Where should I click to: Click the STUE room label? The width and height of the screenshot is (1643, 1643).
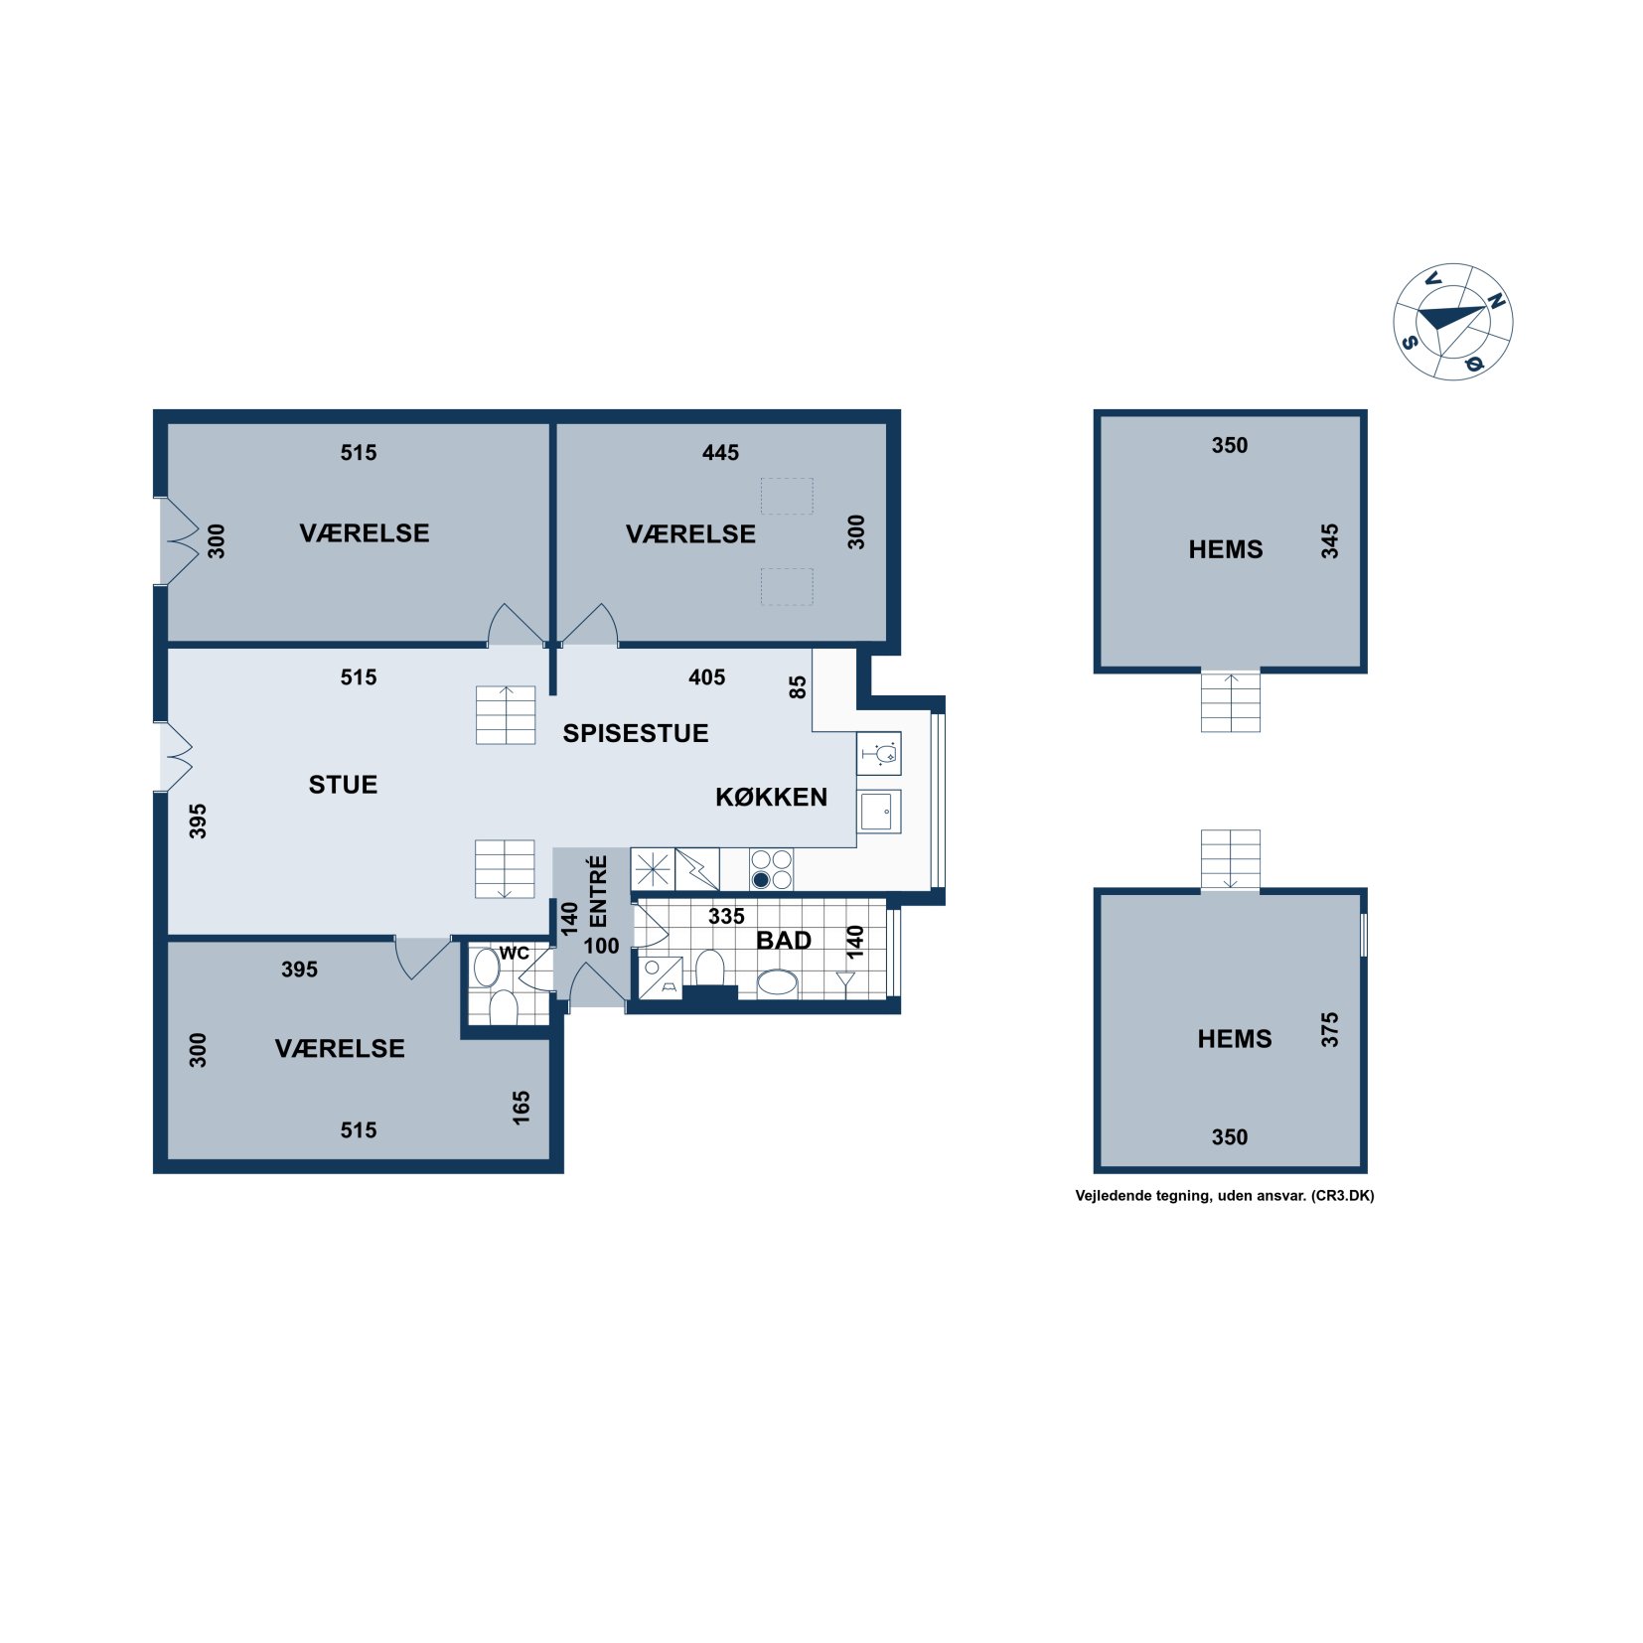click(343, 785)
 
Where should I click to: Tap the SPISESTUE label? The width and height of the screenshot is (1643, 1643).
click(636, 733)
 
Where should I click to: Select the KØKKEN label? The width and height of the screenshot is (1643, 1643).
click(771, 797)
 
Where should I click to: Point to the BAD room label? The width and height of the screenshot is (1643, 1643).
click(784, 940)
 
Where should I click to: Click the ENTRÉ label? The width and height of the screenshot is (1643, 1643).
click(598, 891)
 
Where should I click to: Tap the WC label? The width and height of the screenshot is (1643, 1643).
click(514, 954)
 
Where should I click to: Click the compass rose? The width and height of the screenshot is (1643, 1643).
click(1452, 321)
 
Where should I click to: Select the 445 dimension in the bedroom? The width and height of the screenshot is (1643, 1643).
click(720, 453)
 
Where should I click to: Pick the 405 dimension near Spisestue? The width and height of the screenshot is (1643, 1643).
click(706, 677)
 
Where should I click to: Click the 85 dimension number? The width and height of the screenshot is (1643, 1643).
click(798, 687)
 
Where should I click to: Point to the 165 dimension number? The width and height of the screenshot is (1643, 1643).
click(521, 1108)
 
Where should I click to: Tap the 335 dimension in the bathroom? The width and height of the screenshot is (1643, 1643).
click(726, 917)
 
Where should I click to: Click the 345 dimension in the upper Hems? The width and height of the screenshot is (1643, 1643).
click(1329, 541)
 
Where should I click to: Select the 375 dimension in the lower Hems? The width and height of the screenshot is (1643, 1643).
click(1329, 1029)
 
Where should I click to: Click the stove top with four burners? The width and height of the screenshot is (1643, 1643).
click(771, 869)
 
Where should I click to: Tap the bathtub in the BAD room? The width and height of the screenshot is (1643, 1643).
click(777, 984)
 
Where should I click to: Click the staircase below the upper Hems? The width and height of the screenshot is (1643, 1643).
click(1230, 700)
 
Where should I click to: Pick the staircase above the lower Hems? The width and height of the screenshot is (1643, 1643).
click(1230, 860)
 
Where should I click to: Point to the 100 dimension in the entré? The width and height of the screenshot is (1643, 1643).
click(601, 946)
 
